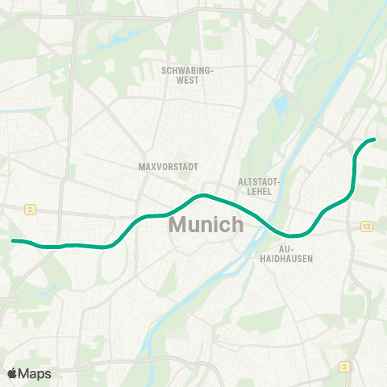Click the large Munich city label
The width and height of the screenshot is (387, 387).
pyautogui.click(x=206, y=224)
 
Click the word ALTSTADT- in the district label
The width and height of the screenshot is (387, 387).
pyautogui.click(x=259, y=182)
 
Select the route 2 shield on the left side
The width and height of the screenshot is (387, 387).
pyautogui.click(x=29, y=209)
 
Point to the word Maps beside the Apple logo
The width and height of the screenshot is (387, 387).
pyautogui.click(x=35, y=372)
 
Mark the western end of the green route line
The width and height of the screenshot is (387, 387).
pyautogui.click(x=12, y=240)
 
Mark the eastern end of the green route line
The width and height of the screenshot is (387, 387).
pyautogui.click(x=374, y=139)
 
